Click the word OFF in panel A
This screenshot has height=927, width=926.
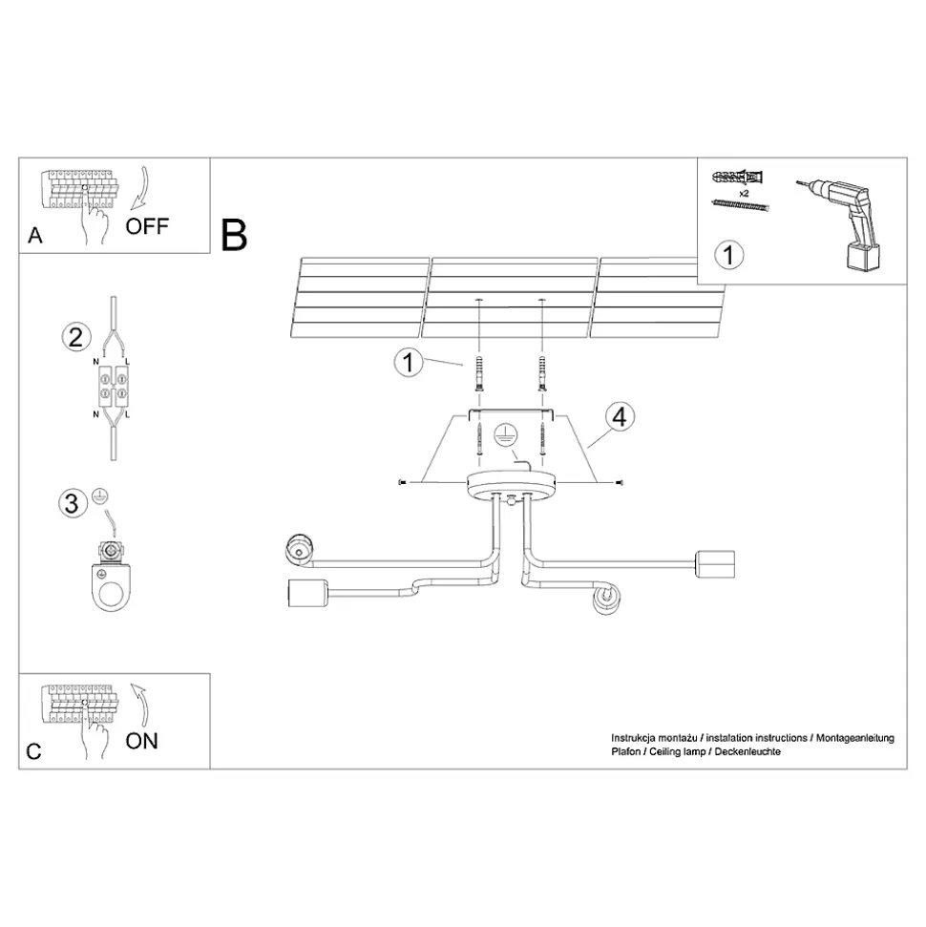pyautogui.click(x=147, y=226)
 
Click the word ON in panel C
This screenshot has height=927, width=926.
pyautogui.click(x=141, y=741)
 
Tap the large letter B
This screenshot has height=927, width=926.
pyautogui.click(x=234, y=235)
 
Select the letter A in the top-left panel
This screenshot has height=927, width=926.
pyautogui.click(x=35, y=235)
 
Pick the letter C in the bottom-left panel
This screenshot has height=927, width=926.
pyautogui.click(x=34, y=751)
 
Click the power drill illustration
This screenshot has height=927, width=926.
pyautogui.click(x=839, y=223)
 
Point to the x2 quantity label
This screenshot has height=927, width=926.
pyautogui.click(x=744, y=193)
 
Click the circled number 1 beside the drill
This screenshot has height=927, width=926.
pyautogui.click(x=728, y=256)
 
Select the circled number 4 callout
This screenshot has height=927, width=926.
pyautogui.click(x=620, y=417)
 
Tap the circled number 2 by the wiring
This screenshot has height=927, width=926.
pyautogui.click(x=76, y=338)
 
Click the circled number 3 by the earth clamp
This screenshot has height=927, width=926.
pyautogui.click(x=73, y=503)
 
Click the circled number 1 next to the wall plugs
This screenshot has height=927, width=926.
pyautogui.click(x=408, y=362)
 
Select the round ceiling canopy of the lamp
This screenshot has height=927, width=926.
pyautogui.click(x=512, y=485)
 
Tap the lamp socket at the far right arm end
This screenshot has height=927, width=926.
pyautogui.click(x=715, y=564)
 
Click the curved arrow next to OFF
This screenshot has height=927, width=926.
pyautogui.click(x=140, y=188)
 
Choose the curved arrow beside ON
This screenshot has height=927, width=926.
pyautogui.click(x=139, y=705)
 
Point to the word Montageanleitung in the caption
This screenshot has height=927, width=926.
pyautogui.click(x=855, y=738)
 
